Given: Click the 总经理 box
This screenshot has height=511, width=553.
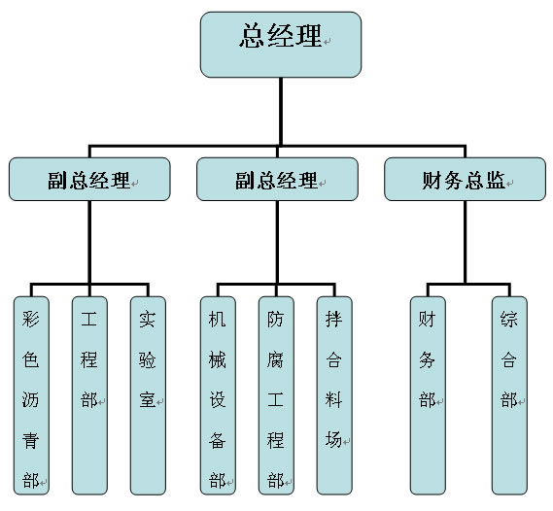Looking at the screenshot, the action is click(281, 45).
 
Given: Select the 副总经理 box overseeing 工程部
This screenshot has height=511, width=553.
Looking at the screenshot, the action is click(89, 180).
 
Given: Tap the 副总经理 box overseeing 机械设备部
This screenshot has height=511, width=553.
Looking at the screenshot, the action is click(278, 180).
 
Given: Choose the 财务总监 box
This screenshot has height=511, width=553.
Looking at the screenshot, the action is click(466, 180).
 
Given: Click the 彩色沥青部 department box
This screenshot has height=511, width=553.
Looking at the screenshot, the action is click(31, 395).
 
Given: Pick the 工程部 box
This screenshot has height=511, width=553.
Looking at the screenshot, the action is click(89, 395).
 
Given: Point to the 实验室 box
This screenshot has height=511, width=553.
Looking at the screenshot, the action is click(148, 395).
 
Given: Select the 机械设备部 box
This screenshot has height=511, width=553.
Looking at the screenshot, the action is click(218, 395).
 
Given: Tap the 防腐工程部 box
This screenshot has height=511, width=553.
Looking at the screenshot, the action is click(276, 395).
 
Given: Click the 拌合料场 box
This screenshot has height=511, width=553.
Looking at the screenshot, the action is click(334, 395).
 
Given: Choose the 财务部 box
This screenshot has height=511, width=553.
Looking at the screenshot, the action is click(428, 395).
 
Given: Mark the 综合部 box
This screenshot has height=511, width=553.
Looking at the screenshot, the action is click(509, 395).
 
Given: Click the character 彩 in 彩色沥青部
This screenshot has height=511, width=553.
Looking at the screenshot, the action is click(31, 320).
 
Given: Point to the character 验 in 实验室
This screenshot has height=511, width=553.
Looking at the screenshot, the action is click(148, 359).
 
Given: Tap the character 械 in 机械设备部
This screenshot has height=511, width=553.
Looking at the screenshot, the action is click(218, 359).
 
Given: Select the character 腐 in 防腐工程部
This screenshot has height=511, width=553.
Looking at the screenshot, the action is click(275, 359).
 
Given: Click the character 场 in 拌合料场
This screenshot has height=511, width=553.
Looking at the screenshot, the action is click(333, 440).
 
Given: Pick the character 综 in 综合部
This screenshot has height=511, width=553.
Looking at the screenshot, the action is click(509, 320).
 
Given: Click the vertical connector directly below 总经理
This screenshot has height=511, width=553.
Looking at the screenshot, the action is click(281, 112).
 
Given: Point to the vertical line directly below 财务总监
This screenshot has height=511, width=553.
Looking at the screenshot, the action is click(466, 242).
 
